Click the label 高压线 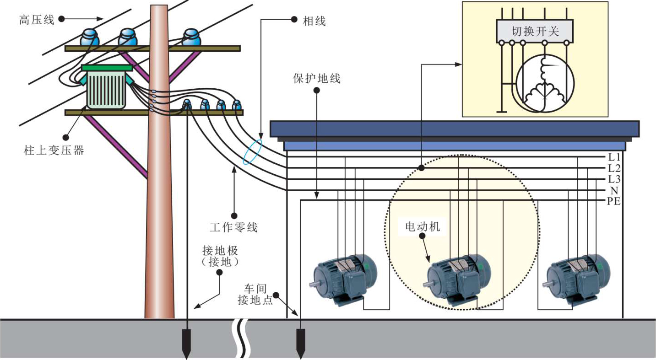click(37, 20)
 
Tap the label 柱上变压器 click(54, 150)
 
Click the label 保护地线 click(317, 78)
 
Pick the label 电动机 click(423, 226)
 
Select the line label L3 click(614, 179)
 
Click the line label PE click(614, 201)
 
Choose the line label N click(614, 190)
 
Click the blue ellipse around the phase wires click(253, 152)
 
